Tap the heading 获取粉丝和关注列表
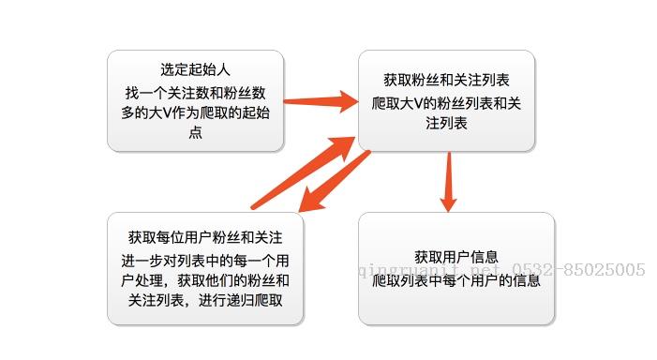(x=446, y=81)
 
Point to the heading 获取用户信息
(x=455, y=257)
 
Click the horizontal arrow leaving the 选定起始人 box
(x=318, y=99)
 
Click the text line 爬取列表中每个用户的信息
(x=455, y=279)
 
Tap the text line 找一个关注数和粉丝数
(x=195, y=93)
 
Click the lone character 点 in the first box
(x=195, y=133)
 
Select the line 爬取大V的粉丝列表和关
(x=446, y=102)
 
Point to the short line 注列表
(x=446, y=123)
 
